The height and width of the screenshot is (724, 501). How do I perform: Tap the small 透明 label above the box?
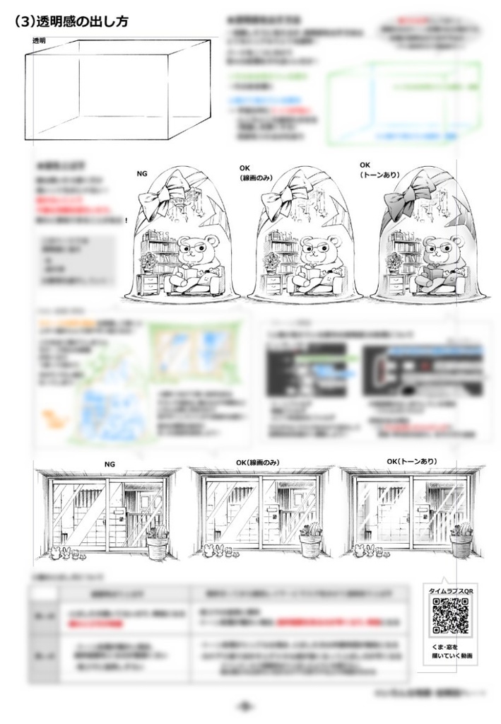pyautogui.click(x=40, y=41)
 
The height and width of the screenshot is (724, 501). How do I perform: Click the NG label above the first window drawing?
pyautogui.click(x=109, y=464)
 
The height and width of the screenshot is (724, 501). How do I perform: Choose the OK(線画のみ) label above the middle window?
pyautogui.click(x=258, y=462)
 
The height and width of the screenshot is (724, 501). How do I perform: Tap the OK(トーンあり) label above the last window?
pyautogui.click(x=411, y=462)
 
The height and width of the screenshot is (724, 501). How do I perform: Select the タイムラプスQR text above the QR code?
pyautogui.click(x=452, y=590)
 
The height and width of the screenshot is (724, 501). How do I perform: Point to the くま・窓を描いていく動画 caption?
pyautogui.click(x=452, y=651)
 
